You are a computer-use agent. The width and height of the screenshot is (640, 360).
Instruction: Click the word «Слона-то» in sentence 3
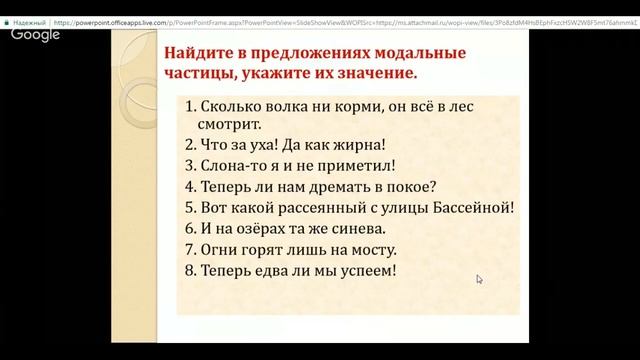(x=232, y=166)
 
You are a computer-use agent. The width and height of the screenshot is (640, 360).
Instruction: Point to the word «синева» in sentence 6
(x=357, y=229)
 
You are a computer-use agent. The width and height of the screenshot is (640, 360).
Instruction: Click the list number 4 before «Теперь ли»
(x=189, y=187)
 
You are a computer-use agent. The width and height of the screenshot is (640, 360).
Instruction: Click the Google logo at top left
(x=36, y=34)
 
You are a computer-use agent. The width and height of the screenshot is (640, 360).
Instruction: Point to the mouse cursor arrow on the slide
(x=480, y=280)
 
